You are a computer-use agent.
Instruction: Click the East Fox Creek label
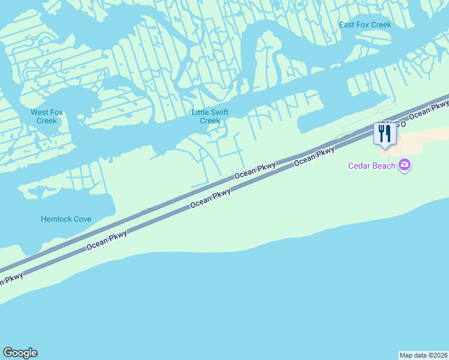click(x=365, y=25)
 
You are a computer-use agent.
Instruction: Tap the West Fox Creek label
click(x=47, y=116)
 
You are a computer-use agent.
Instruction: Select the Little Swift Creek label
click(x=210, y=116)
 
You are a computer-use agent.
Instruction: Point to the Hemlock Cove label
click(x=66, y=219)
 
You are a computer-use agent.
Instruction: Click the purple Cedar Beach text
click(x=372, y=166)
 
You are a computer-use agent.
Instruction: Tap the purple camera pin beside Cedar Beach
click(x=405, y=164)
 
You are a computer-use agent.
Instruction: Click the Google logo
click(x=20, y=353)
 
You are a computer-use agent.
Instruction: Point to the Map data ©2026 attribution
click(x=424, y=355)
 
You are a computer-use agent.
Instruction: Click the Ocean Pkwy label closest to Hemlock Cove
click(x=107, y=238)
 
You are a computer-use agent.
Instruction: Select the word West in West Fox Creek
click(x=40, y=112)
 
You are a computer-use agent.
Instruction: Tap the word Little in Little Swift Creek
click(x=201, y=112)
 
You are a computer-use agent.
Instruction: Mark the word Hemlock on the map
click(x=56, y=219)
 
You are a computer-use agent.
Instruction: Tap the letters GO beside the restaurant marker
click(x=400, y=124)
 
